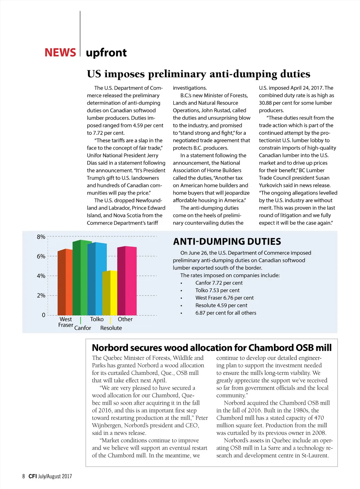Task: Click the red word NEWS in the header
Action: pos(60,53)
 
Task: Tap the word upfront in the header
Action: pos(106,53)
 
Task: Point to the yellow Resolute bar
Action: pos(110,293)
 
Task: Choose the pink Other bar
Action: pos(127,281)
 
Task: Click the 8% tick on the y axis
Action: pos(41,237)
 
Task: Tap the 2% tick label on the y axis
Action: pos(41,295)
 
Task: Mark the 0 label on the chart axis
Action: pos(44,315)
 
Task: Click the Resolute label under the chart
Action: pos(111,328)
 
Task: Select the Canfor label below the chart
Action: pos(83,328)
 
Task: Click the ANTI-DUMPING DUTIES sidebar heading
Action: pos(227,242)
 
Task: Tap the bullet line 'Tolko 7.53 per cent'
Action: pos(217,291)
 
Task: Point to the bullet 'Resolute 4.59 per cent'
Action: pos(221,306)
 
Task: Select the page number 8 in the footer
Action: pos(24,476)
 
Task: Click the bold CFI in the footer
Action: pos(33,476)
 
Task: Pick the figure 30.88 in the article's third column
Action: pos(266,103)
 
